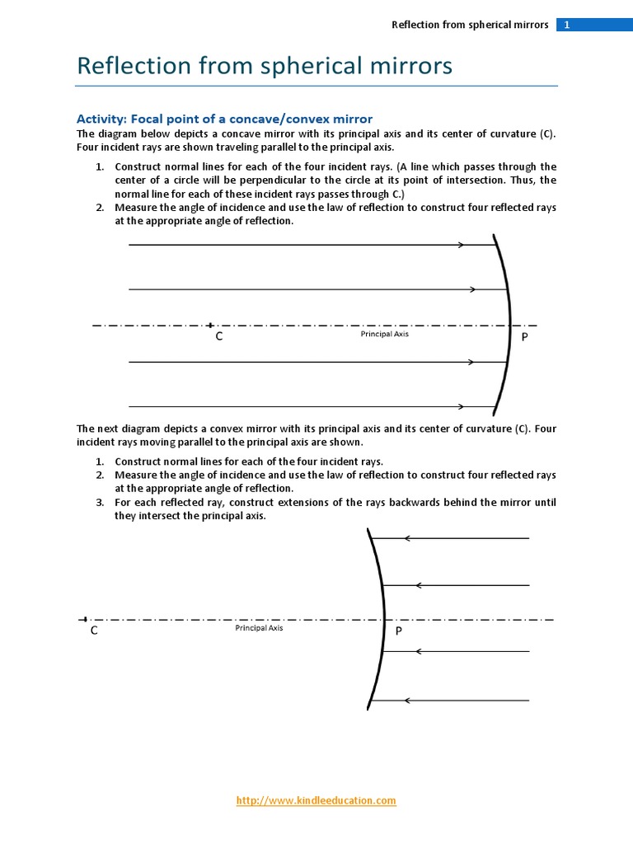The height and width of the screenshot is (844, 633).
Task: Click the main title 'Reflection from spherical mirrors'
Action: [264, 65]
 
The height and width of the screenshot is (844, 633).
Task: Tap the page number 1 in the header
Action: [567, 25]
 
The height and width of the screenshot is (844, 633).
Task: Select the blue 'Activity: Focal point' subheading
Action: [224, 119]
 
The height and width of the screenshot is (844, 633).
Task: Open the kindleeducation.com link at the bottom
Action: [316, 800]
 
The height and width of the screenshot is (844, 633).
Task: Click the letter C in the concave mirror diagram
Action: [219, 337]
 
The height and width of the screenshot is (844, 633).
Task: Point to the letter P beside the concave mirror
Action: [524, 337]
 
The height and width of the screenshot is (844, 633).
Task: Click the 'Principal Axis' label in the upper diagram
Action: [384, 334]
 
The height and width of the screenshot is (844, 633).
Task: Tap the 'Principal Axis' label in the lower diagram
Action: [259, 628]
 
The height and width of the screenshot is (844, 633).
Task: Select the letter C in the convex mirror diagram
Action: [94, 631]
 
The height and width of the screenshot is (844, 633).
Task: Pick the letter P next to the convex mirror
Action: [398, 631]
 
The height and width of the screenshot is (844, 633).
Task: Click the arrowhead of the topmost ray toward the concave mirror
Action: [462, 245]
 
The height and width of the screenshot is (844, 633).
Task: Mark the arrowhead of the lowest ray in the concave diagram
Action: [462, 406]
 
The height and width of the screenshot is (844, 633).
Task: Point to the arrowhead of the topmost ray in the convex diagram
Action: [407, 539]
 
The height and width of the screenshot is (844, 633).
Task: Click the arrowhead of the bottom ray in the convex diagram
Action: [407, 701]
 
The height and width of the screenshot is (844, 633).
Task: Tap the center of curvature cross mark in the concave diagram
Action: [211, 326]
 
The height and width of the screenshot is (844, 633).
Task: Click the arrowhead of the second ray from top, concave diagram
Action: [472, 289]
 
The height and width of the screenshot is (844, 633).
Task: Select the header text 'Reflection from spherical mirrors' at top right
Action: [469, 25]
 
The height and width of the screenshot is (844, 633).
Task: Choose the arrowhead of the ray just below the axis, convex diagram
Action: [419, 651]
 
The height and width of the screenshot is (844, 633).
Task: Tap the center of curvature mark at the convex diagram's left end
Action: [83, 619]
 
